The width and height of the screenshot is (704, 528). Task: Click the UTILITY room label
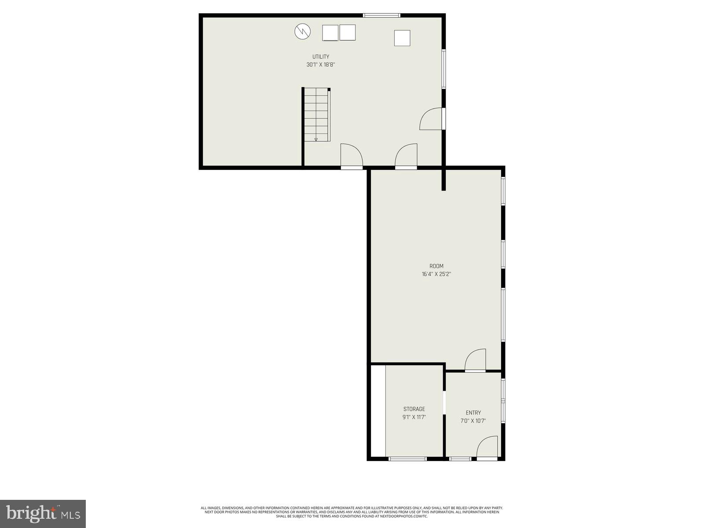pos(321,57)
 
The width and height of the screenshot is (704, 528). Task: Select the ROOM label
pos(436,266)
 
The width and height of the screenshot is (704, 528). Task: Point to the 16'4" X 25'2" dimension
pos(436,274)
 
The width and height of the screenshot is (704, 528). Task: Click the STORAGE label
pos(414,409)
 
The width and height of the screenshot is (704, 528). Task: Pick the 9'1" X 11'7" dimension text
pos(414,417)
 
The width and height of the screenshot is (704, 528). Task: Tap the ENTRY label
pos(473,413)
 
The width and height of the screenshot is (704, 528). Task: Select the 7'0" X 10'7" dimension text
pos(473,421)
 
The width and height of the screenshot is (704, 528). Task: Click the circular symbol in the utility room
pos(303,31)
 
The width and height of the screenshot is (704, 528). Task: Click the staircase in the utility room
pos(316,114)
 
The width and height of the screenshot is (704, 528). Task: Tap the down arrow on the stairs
pos(316,139)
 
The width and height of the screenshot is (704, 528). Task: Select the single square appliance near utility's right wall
pos(402,38)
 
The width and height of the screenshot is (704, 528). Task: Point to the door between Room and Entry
pos(476,361)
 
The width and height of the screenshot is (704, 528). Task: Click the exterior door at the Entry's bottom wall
pos(487,448)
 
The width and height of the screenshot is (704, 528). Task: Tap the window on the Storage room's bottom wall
pos(408,459)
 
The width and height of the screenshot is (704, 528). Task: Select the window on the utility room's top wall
pos(381,16)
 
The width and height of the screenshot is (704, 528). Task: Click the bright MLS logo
pos(43,513)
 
